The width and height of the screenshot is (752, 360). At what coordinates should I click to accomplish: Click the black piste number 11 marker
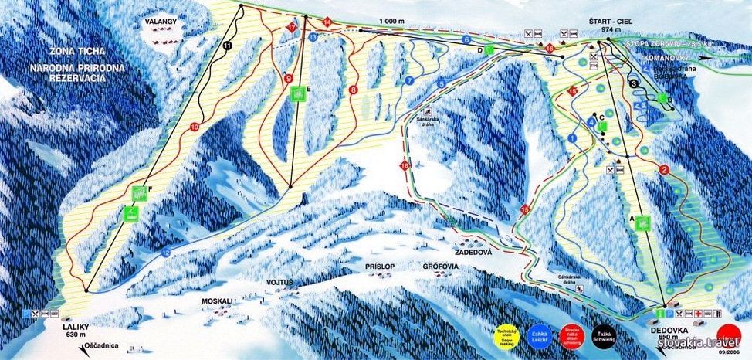[226, 46]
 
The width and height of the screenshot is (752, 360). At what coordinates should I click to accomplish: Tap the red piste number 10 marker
[194, 127]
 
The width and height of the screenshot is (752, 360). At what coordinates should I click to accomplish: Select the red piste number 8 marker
[354, 90]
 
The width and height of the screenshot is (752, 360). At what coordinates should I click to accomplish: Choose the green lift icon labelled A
[642, 223]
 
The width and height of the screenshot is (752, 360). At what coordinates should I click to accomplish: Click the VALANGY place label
[161, 22]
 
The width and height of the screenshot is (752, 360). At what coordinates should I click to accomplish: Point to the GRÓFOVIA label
[442, 265]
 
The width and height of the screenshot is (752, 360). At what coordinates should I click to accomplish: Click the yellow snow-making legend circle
[505, 335]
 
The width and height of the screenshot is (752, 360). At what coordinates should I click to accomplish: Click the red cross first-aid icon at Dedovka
[697, 314]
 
